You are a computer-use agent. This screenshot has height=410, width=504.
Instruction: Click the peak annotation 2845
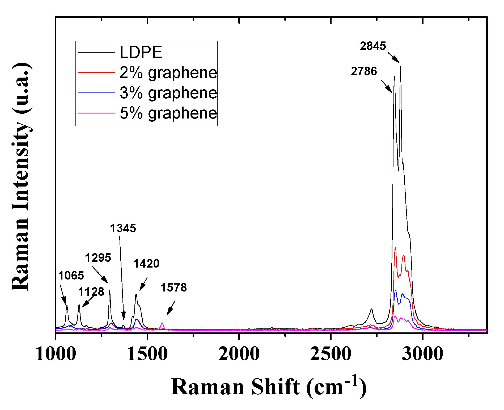(372, 46)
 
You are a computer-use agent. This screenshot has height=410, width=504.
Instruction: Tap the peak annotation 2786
(364, 71)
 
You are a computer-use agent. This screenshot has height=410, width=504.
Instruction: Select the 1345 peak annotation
(123, 228)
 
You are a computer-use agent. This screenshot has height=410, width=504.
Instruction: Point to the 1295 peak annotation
(98, 258)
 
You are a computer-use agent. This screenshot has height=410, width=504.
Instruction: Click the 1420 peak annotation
(146, 264)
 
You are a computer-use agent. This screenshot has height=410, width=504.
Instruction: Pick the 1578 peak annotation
(173, 288)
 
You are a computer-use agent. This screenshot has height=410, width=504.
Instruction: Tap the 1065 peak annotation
(71, 276)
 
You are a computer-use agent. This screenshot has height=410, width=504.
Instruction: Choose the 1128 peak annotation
(91, 292)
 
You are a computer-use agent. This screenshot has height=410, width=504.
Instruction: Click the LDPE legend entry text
(141, 52)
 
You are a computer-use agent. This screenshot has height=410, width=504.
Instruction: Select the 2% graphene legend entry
(168, 73)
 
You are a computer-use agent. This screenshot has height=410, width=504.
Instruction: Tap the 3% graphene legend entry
(168, 93)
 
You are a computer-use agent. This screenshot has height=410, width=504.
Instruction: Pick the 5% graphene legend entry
(168, 113)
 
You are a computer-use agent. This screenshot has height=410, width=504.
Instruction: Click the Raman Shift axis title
(268, 387)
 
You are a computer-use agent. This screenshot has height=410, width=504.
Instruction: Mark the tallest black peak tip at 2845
(400, 66)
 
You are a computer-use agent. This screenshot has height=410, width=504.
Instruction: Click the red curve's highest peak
(395, 248)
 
